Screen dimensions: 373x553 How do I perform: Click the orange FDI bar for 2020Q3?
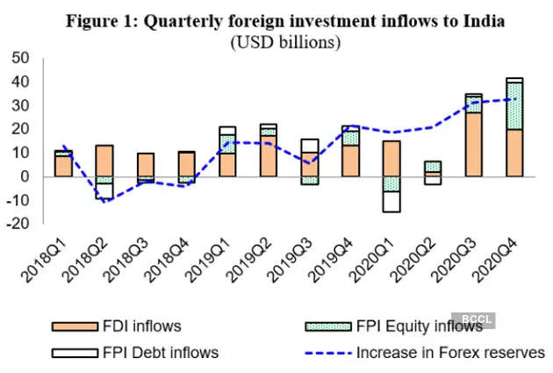[473, 144]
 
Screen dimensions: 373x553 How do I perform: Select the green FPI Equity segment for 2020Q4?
[514, 106]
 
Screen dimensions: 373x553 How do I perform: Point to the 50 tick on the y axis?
[19, 58]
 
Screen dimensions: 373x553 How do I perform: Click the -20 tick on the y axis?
[17, 224]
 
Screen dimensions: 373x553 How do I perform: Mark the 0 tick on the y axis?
[25, 176]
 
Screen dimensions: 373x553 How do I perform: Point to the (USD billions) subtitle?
[286, 41]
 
